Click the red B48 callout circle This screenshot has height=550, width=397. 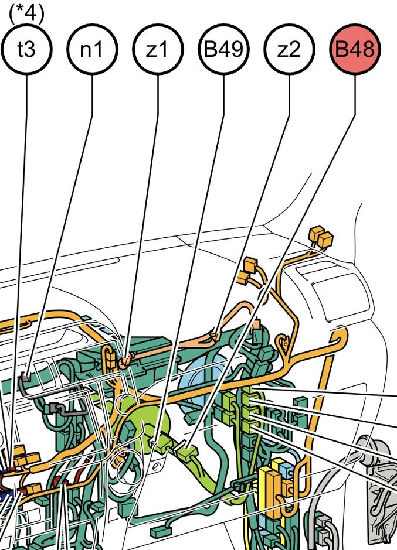click(355, 49)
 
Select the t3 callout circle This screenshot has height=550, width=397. click(26, 49)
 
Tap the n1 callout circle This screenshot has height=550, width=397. click(92, 49)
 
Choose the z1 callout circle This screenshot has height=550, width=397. click(158, 49)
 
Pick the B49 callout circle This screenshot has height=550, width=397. click(223, 49)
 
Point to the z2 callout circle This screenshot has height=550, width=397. click(289, 49)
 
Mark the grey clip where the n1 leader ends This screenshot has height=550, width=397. click(25, 380)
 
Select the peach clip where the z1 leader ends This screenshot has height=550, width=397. click(125, 361)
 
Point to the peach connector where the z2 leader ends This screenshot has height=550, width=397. click(215, 336)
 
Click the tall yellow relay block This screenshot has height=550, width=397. click(270, 491)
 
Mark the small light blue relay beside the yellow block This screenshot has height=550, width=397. click(286, 470)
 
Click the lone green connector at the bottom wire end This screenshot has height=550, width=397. click(160, 532)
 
